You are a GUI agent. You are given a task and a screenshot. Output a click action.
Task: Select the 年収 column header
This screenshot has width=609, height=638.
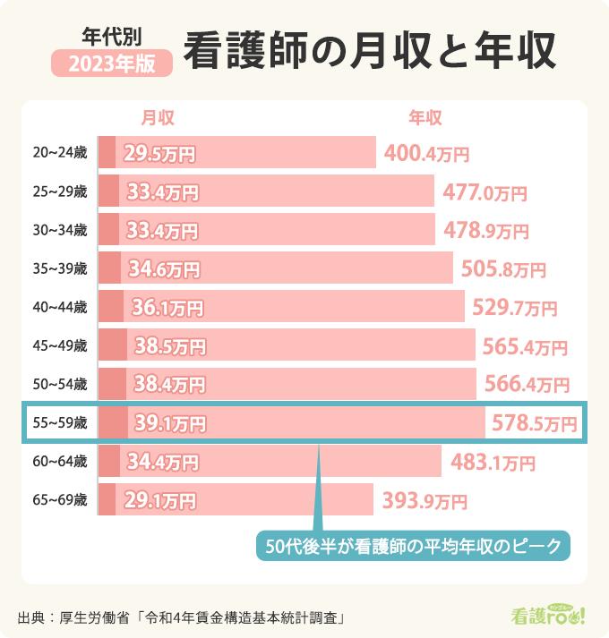point(425,117)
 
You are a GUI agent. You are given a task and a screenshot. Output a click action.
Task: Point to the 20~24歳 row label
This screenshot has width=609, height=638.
point(59,153)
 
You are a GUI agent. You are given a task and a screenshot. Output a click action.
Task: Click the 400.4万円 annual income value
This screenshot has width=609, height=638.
point(426,154)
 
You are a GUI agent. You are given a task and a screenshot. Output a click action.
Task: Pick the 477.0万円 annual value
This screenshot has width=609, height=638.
point(485,192)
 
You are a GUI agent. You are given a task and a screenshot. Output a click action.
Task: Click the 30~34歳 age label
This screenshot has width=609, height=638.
point(59,230)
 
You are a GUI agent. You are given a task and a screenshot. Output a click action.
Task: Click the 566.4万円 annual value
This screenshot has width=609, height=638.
point(527,385)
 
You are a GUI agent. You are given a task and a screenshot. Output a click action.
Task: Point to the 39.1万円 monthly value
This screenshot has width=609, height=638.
point(169,423)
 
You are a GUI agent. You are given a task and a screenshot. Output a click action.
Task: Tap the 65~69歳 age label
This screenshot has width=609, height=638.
point(59,499)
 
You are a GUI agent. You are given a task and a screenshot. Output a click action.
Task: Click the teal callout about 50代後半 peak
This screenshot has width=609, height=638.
point(413,545)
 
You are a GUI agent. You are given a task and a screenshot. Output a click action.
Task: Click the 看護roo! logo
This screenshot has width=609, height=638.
point(547,615)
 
